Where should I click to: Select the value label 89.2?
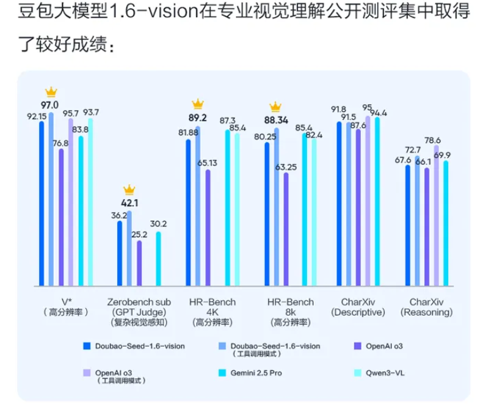[x=198, y=117]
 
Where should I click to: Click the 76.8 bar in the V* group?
[x=61, y=216]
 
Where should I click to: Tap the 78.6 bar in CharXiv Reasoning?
[x=436, y=216]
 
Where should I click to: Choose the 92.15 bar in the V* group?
[x=41, y=203]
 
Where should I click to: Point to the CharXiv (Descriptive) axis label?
[x=358, y=306]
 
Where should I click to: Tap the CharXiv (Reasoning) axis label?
[x=426, y=306]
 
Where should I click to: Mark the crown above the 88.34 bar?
[x=276, y=106]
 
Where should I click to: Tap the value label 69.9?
[x=443, y=155]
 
